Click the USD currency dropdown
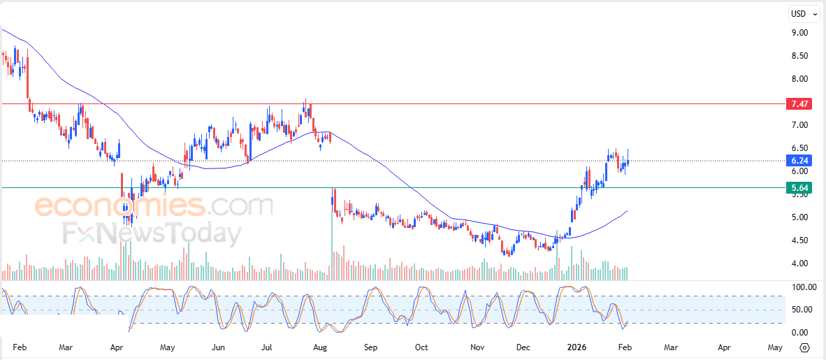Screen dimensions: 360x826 click(804, 13)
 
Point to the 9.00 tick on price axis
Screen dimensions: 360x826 click(799, 32)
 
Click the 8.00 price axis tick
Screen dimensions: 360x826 click(799, 78)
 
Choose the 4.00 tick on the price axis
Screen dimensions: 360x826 click(799, 263)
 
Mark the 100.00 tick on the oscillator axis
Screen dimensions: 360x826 click(802, 287)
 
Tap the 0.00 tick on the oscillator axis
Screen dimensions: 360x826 click(799, 332)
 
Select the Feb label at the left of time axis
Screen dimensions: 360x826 click(19, 347)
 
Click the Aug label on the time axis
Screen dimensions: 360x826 click(320, 347)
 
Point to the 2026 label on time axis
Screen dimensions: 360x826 click(577, 347)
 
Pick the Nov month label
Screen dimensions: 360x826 click(477, 347)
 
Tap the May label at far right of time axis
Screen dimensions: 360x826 click(774, 347)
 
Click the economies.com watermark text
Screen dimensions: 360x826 click(154, 206)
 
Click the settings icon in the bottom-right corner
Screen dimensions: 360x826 click(804, 347)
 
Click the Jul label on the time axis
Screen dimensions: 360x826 click(268, 347)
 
